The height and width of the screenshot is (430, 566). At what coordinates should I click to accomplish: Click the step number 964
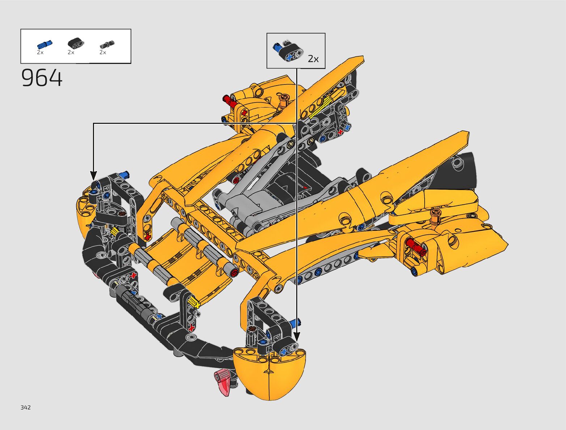(42, 78)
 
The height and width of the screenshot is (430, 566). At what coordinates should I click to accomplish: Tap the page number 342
(26, 407)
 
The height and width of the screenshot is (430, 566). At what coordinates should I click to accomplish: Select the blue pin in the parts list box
(44, 45)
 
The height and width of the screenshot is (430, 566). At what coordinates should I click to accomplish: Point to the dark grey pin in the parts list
(107, 44)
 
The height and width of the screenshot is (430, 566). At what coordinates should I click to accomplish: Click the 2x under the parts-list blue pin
(40, 52)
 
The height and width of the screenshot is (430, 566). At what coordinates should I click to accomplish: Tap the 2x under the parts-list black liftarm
(71, 52)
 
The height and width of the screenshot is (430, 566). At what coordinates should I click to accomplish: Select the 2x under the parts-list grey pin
(103, 52)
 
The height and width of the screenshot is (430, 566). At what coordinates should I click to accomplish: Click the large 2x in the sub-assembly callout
(313, 59)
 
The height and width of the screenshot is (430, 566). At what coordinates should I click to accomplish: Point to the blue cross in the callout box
(290, 57)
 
